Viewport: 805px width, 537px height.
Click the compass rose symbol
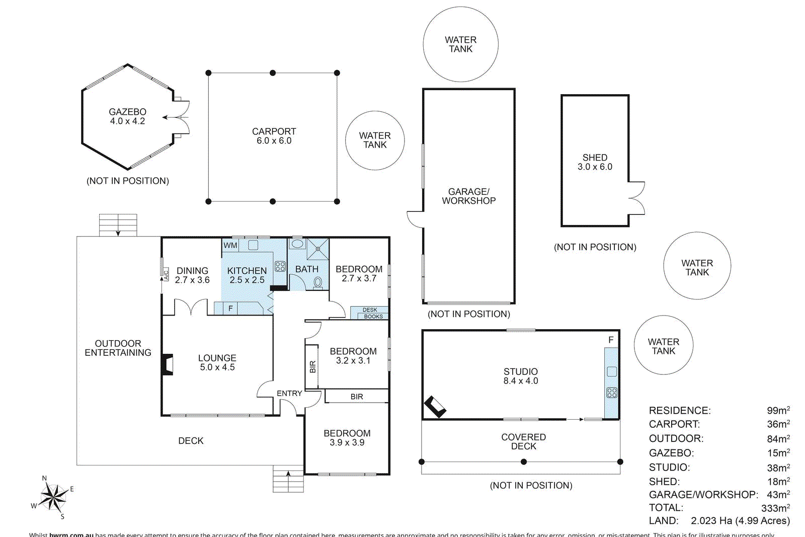[53, 497]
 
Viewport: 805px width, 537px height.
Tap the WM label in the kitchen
[230, 246]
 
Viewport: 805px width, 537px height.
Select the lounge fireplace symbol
[168, 365]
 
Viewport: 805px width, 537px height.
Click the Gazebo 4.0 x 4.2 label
[128, 116]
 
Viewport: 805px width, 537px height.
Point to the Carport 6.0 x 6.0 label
[274, 136]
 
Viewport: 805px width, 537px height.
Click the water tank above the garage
[460, 44]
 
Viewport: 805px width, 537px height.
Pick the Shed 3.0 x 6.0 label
[595, 162]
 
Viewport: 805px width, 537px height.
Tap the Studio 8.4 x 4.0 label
[521, 376]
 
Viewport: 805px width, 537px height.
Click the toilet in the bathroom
[317, 283]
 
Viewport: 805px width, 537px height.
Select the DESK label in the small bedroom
[370, 310]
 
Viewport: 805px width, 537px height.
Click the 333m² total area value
[775, 508]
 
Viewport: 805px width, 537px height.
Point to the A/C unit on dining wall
[166, 274]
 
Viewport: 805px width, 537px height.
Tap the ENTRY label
[289, 393]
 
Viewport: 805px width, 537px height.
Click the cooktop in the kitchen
[280, 266]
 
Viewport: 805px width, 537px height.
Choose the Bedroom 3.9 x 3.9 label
[347, 438]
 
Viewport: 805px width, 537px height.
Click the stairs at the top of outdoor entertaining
[118, 225]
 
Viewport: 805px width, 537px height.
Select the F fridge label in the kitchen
[231, 308]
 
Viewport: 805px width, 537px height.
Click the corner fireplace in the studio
[435, 407]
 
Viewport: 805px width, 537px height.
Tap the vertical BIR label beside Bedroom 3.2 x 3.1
[312, 366]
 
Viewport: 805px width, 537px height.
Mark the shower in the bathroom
[318, 249]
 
